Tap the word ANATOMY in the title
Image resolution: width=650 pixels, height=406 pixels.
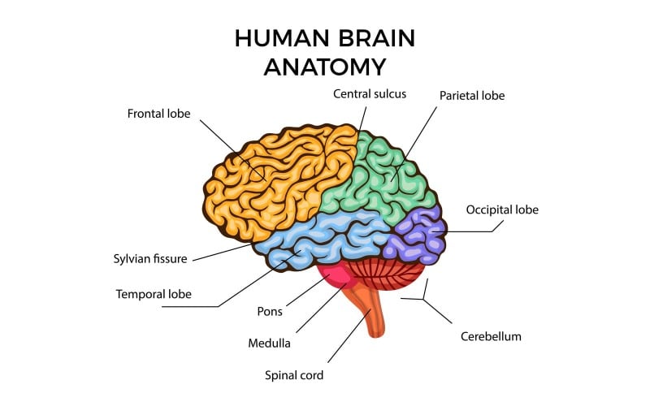325,67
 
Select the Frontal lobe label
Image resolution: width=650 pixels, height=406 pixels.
158,114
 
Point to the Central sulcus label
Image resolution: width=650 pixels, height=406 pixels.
370,93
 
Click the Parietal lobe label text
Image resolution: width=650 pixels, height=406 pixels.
472,96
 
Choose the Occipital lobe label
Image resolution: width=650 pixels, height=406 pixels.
502,209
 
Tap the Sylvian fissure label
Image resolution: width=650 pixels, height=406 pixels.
150,259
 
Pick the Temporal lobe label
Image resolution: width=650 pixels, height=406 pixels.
154,294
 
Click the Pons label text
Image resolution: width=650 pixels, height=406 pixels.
269,311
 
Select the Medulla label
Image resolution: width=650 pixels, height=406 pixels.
269,343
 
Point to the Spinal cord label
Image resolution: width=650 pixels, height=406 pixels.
294,375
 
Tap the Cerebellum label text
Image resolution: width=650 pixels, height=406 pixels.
491,335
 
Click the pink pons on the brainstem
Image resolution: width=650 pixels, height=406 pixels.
336,276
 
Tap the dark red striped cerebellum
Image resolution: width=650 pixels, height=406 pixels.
382,272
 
